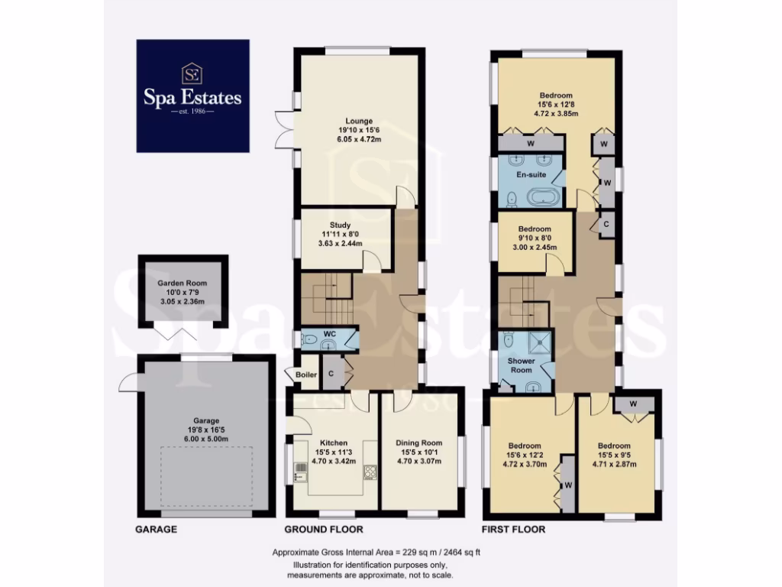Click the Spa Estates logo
pyautogui.click(x=192, y=96)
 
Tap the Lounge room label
pyautogui.click(x=358, y=121)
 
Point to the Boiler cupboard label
pyautogui.click(x=305, y=375)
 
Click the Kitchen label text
pyautogui.click(x=334, y=443)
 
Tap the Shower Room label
pyautogui.click(x=522, y=365)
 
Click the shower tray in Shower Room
pyautogui.click(x=541, y=342)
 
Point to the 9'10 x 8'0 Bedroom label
pyautogui.click(x=534, y=229)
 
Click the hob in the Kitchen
pyautogui.click(x=370, y=472)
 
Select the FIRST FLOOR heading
pyautogui.click(x=512, y=529)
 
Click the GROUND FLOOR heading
pyautogui.click(x=323, y=529)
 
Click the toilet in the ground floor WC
pyautogui.click(x=310, y=339)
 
